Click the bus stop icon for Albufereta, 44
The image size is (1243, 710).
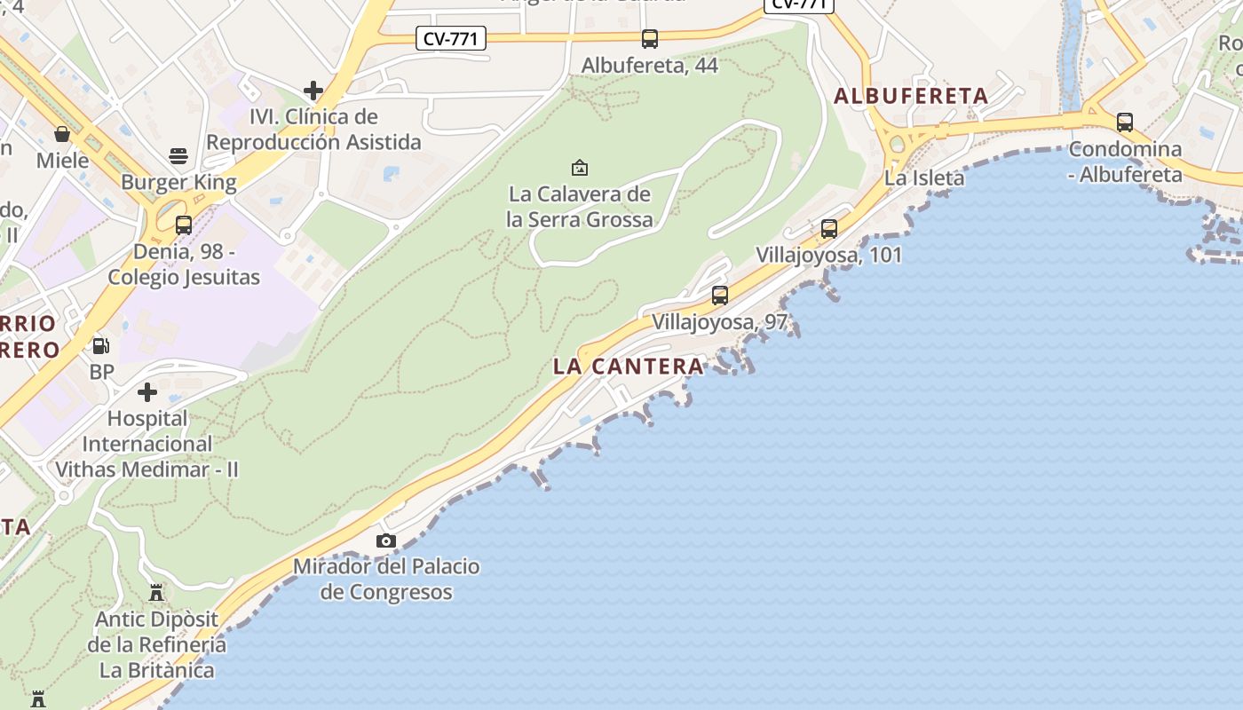coord(650,39)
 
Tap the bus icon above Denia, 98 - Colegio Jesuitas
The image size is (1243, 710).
coord(184,225)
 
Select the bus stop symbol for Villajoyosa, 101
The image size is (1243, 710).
coord(829,229)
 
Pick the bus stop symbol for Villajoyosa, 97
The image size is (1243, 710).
coord(720,296)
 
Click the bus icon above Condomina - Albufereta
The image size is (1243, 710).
coord(1125,122)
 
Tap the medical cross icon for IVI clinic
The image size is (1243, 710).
coord(313,91)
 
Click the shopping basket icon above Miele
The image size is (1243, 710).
coord(62,134)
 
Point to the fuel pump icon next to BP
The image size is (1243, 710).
coord(101,346)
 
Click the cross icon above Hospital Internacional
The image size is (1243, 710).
coord(147,392)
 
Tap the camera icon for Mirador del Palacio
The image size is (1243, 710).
coord(386,540)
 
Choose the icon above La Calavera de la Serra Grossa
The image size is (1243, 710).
coord(580,167)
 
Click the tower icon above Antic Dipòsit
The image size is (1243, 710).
coord(156,592)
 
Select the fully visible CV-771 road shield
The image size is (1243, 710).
coord(451,38)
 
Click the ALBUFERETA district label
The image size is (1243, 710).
coord(911,96)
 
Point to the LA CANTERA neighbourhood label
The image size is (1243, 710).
coord(628,366)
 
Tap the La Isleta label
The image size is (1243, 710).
coord(924,178)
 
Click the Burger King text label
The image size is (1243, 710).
coord(178,183)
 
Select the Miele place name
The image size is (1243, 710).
coord(63,161)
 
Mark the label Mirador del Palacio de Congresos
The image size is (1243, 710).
coord(386,579)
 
